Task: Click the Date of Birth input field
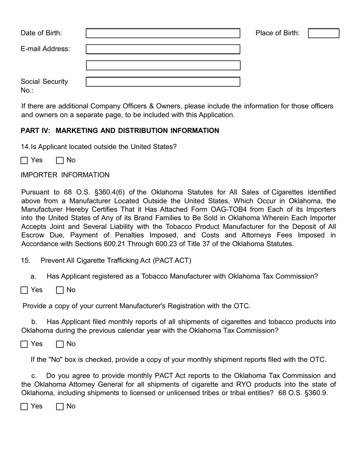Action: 163,33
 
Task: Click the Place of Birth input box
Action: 323,33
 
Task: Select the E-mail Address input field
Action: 163,49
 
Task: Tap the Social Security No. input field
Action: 163,82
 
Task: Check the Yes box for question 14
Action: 24,160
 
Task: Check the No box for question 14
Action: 60,160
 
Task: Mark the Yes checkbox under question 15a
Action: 24,290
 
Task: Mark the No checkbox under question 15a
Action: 60,290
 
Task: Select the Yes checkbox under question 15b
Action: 24,344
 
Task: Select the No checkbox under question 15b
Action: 60,344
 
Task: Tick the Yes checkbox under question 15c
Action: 24,407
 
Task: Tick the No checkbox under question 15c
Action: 60,407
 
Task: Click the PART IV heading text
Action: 120,131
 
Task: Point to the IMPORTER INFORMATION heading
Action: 65,175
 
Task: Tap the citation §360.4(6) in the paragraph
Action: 110,192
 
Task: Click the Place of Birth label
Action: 277,33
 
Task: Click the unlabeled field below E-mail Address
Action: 163,66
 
